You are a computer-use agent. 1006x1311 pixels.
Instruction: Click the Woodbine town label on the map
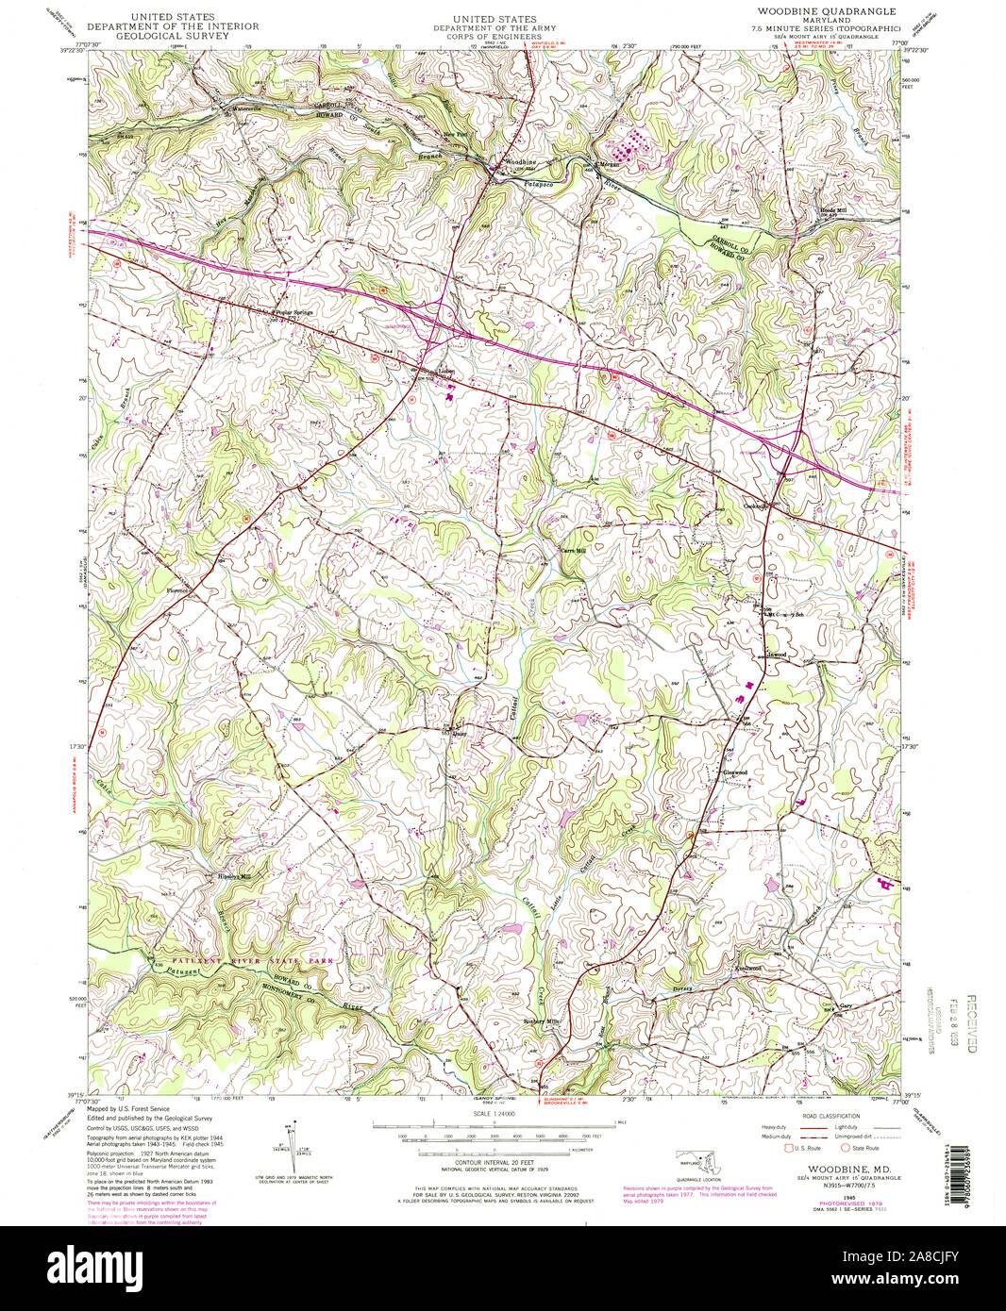[x=520, y=163]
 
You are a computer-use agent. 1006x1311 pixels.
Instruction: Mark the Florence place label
[x=179, y=591]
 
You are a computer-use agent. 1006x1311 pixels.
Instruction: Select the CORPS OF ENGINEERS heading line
[x=494, y=38]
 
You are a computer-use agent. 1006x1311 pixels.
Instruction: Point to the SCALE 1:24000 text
[x=494, y=1115]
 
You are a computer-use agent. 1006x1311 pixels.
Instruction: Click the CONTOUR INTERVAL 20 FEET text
[x=494, y=1163]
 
